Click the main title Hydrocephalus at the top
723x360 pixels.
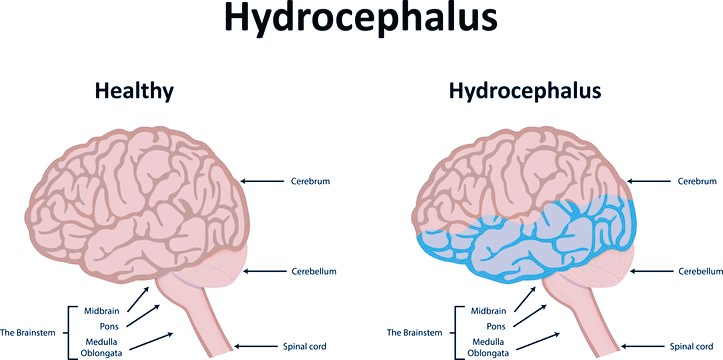(361, 20)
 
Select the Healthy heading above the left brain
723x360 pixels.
(134, 91)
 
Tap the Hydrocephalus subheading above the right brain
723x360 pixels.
(524, 91)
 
